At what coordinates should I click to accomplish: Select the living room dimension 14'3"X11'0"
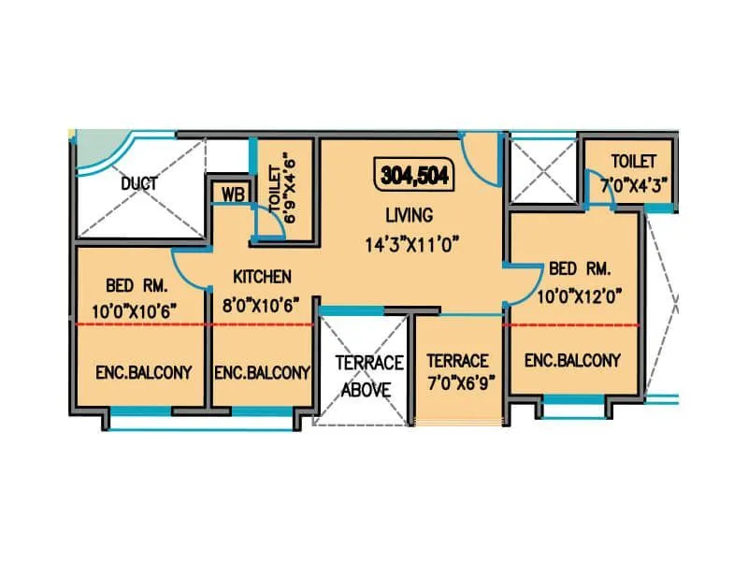pyautogui.click(x=414, y=245)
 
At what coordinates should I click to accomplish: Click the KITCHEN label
pyautogui.click(x=262, y=277)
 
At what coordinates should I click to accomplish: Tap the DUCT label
pyautogui.click(x=138, y=183)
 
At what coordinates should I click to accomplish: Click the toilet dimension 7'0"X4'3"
pyautogui.click(x=635, y=185)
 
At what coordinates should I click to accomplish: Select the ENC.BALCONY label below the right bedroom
pyautogui.click(x=572, y=360)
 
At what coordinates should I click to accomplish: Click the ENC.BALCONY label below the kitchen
pyautogui.click(x=262, y=372)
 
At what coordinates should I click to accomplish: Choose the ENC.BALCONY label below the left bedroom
pyautogui.click(x=143, y=372)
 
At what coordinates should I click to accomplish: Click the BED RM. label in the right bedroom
pyautogui.click(x=580, y=269)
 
